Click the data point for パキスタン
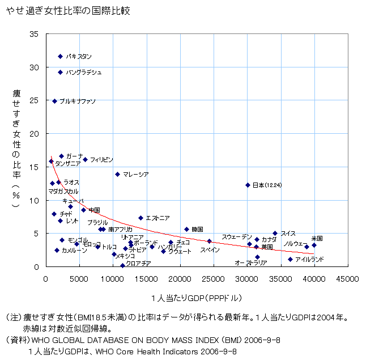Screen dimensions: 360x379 point(61,57)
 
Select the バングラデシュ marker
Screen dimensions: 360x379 point(61,73)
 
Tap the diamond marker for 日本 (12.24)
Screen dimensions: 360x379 point(248,185)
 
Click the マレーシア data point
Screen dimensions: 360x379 point(118,174)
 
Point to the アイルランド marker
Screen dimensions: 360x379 point(290,259)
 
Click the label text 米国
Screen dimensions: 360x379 point(317,239)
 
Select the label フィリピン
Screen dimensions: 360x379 point(101,160)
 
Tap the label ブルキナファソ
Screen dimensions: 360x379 point(78,101)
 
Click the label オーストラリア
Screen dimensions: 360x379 point(251,263)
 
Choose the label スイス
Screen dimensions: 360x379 point(288,233)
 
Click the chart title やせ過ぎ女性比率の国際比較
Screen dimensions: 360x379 point(68,11)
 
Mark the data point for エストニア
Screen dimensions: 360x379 point(141,218)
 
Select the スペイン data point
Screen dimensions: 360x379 point(209,241)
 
